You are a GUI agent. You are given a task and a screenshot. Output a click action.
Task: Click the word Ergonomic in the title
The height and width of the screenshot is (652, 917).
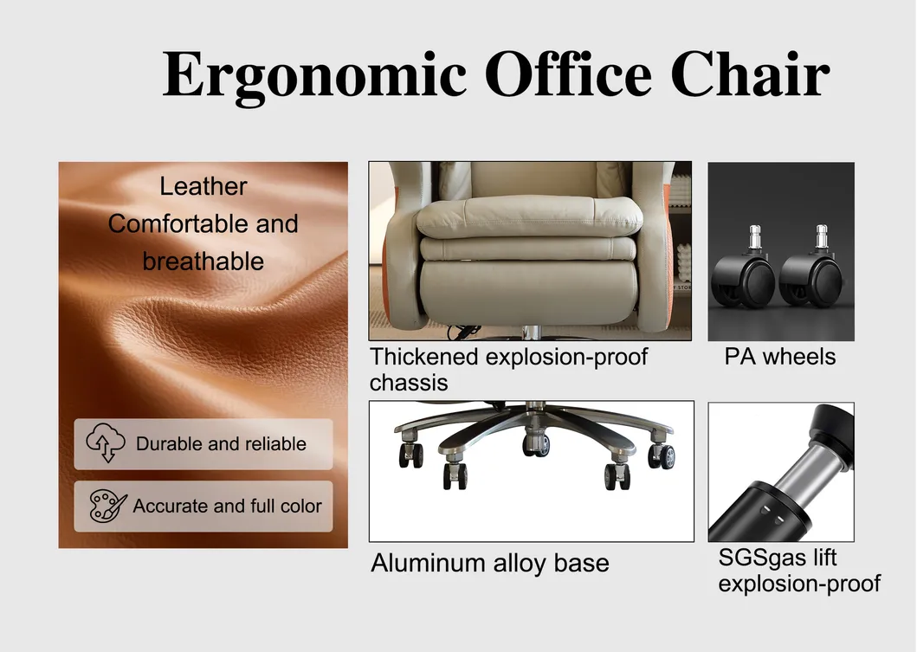pyautogui.click(x=313, y=75)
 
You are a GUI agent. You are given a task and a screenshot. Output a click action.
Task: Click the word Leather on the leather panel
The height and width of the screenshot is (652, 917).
pyautogui.click(x=203, y=186)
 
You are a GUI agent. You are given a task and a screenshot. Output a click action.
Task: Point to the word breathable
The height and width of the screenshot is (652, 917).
pyautogui.click(x=203, y=261)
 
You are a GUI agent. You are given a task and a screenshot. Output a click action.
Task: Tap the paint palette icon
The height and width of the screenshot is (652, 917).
pyautogui.click(x=108, y=507)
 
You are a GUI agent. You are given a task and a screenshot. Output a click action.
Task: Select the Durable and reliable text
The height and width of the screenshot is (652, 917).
pyautogui.click(x=221, y=444)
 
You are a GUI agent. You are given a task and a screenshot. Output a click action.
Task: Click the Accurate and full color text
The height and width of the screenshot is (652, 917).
pyautogui.click(x=227, y=507)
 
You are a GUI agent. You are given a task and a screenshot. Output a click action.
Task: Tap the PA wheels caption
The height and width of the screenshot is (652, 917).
pyautogui.click(x=780, y=357)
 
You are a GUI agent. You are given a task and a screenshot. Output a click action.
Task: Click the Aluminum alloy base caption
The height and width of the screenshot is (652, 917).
pyautogui.click(x=490, y=563)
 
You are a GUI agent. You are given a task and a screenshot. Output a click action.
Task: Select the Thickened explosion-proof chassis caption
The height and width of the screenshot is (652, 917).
pyautogui.click(x=508, y=369)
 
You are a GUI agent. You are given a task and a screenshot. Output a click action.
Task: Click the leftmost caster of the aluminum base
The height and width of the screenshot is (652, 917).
pyautogui.click(x=411, y=455)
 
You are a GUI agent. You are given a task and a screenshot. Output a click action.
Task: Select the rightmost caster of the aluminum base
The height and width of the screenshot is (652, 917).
pyautogui.click(x=662, y=455)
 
